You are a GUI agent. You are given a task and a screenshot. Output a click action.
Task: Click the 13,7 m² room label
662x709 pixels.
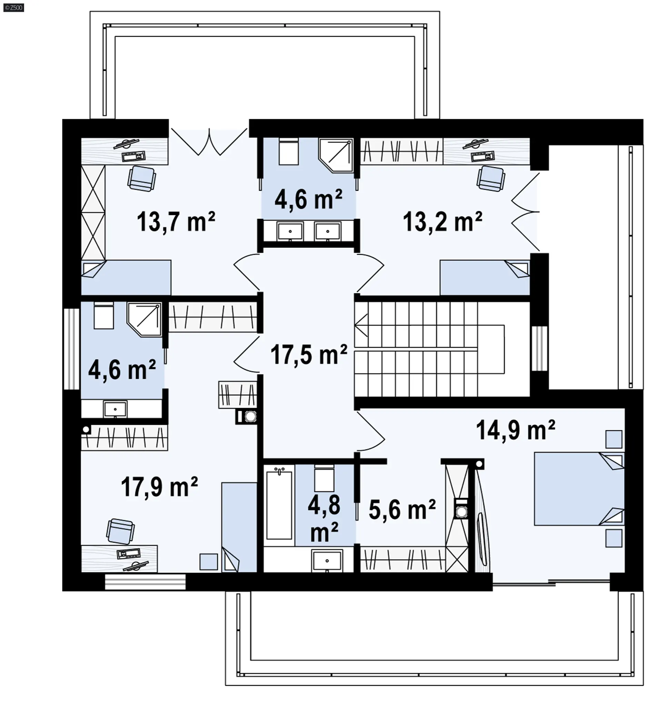click(176, 222)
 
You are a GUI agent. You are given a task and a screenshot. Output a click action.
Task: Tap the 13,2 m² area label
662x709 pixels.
click(442, 222)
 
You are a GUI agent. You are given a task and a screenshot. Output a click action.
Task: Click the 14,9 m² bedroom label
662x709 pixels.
click(515, 430)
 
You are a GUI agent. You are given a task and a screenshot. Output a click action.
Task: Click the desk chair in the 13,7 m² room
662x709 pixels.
click(142, 178)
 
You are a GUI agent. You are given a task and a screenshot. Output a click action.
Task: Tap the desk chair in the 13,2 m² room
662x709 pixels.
click(491, 178)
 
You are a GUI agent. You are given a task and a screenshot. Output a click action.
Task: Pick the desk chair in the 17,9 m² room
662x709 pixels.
click(120, 531)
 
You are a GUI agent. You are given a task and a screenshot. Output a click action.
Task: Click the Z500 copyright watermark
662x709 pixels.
click(13, 8)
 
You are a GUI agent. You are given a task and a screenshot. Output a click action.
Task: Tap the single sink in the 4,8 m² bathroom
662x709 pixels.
click(327, 561)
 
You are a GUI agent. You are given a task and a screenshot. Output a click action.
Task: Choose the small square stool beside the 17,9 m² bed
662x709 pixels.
click(208, 562)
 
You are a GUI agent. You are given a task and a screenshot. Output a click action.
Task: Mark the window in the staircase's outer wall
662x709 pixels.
click(539, 348)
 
